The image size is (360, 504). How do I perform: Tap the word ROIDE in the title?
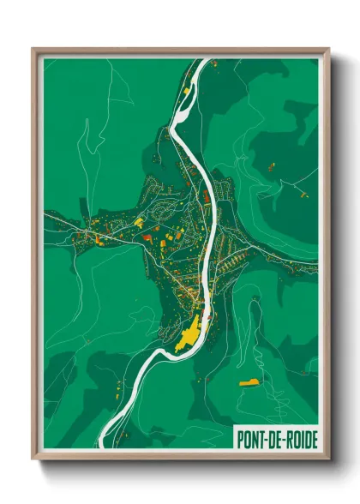pos(300,440)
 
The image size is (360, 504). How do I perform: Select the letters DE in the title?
pos(273,440)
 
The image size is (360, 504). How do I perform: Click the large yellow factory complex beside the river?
pos(189,333)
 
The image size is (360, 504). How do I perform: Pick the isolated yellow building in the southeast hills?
pos(249,382)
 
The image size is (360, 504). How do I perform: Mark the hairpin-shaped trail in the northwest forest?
pos(87,137)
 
